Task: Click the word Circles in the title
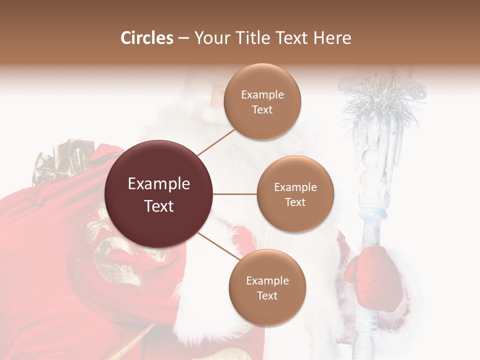[x=147, y=38]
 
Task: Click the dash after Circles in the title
[x=183, y=38]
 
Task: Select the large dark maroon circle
[x=159, y=194]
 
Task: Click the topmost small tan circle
[x=262, y=101]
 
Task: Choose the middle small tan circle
[x=295, y=194]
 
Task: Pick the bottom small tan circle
[x=267, y=287]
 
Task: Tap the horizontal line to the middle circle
[x=235, y=194]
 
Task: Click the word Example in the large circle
[x=159, y=184]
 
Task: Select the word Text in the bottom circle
[x=267, y=295]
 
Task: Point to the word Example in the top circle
[x=262, y=94]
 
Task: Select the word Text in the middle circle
[x=295, y=202]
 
